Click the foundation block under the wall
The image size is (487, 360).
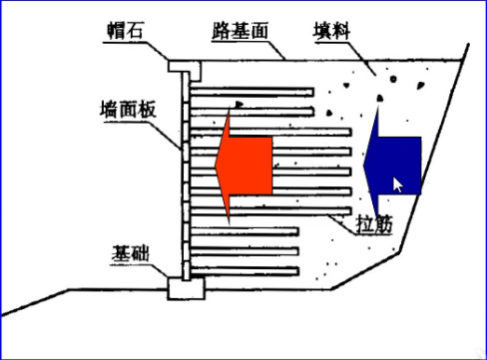(x=185, y=288)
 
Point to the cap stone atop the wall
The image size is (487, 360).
(x=186, y=67)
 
